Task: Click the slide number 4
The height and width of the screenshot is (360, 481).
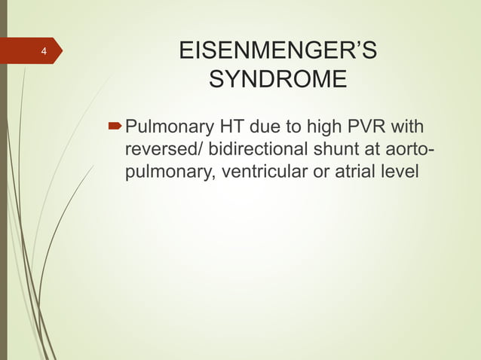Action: tap(44, 52)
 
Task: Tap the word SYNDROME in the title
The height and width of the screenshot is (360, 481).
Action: tap(277, 79)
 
